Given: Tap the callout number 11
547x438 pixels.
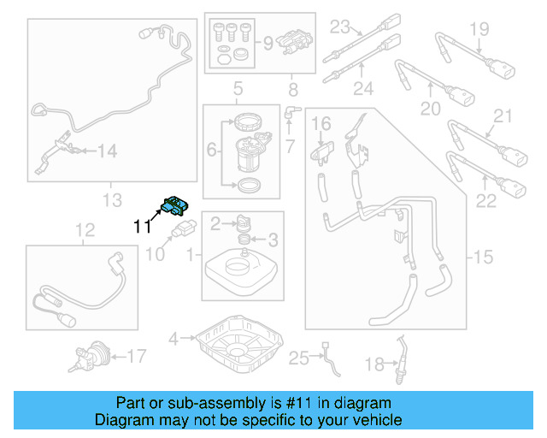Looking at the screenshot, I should pos(143,227).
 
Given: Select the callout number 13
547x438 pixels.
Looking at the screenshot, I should pos(113,201).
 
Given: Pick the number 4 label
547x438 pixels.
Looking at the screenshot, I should pos(173,339).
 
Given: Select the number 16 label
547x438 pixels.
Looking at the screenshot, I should pos(321,126).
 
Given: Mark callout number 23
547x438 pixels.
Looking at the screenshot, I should pos(340,25).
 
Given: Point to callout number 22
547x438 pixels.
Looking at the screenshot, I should pos(485,201).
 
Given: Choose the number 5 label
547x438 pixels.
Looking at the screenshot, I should pos(238,88).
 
